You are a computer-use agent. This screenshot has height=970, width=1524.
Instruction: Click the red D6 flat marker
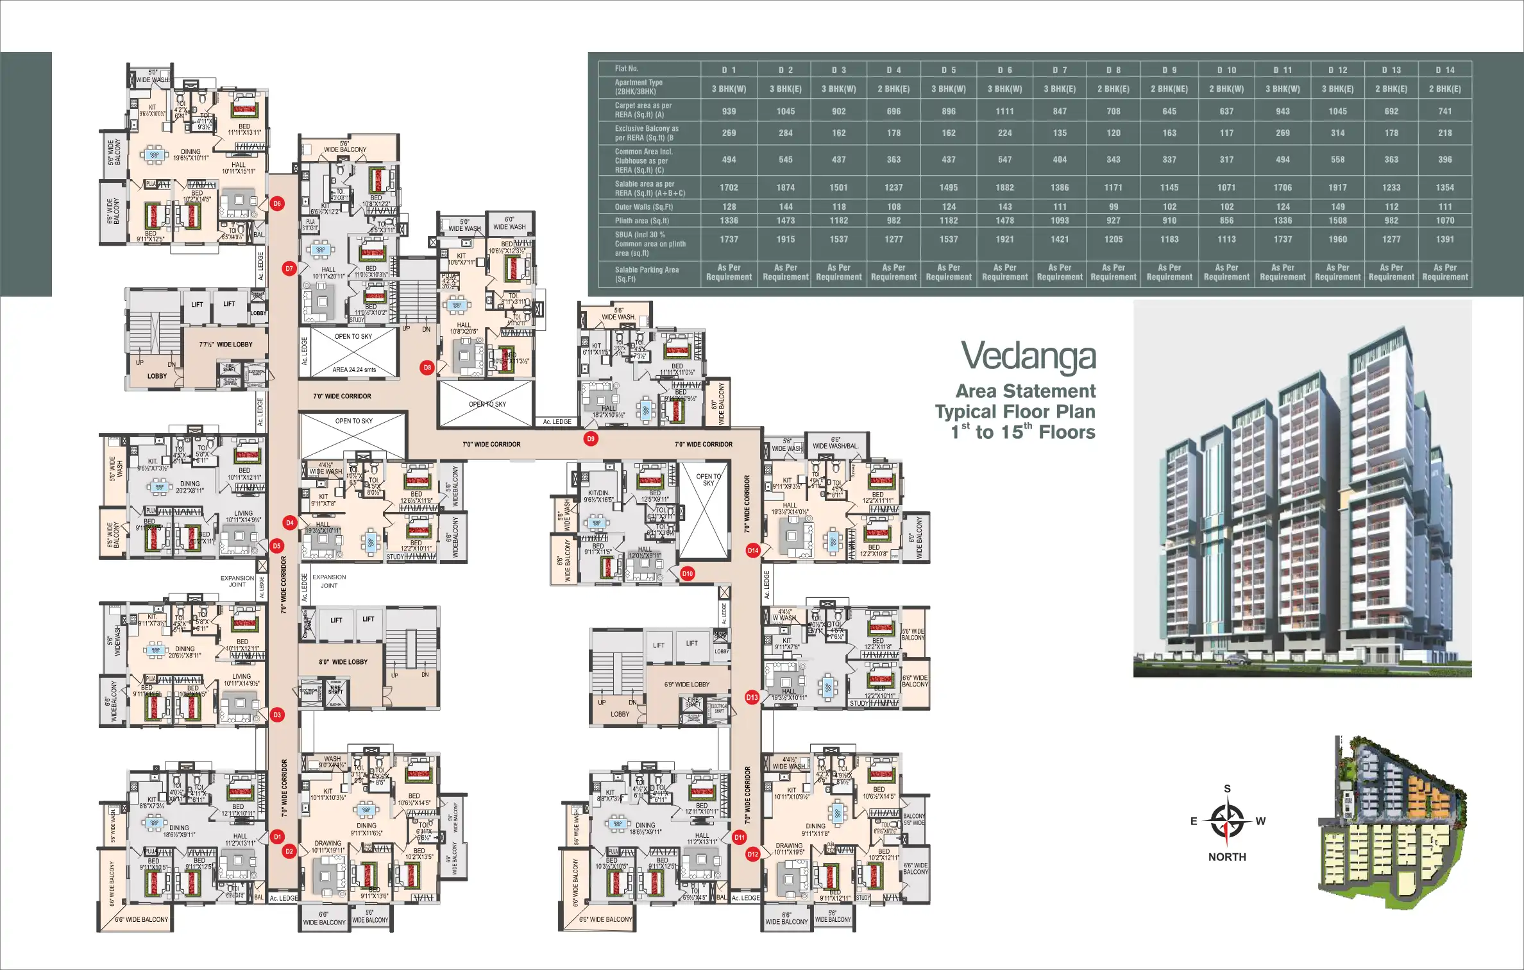[277, 204]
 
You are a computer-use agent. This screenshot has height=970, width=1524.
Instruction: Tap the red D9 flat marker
[591, 439]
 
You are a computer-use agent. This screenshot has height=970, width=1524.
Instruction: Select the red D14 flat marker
[753, 550]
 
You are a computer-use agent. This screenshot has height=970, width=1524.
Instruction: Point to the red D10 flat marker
[688, 574]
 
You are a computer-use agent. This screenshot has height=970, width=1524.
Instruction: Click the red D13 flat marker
[752, 697]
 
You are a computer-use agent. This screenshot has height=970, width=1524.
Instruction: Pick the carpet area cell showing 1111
[1004, 111]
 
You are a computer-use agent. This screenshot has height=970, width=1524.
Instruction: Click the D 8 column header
[1113, 70]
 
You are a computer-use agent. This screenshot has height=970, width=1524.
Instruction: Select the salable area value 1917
[1337, 187]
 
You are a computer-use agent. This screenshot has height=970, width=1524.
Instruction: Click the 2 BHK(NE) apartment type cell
[1169, 89]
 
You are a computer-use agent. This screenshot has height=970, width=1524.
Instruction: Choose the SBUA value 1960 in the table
[1337, 239]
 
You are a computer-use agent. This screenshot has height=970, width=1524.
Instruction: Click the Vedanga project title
[1028, 357]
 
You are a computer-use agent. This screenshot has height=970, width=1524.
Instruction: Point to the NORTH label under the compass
[1226, 857]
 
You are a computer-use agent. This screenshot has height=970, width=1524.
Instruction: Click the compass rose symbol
[1226, 822]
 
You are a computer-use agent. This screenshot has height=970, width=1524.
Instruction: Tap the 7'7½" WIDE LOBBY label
[226, 345]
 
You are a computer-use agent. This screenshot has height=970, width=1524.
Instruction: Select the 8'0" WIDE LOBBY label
[343, 662]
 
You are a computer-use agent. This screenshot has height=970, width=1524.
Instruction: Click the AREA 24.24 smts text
[354, 370]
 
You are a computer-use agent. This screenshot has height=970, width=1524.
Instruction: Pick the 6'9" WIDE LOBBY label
[687, 685]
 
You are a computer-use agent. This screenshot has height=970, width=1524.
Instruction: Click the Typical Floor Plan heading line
[1015, 412]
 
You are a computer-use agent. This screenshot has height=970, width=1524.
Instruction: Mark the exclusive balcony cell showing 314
[1337, 133]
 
